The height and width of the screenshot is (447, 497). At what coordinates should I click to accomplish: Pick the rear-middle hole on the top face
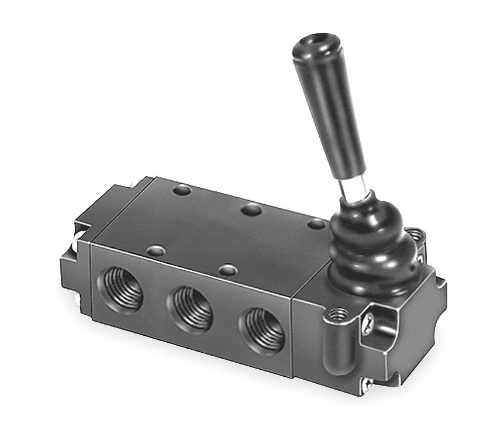(252, 208)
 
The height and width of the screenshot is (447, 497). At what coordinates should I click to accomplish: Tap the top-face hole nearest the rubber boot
(316, 223)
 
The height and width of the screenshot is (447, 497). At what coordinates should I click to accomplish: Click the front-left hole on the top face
(156, 251)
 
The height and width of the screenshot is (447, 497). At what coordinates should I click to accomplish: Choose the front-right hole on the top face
(227, 270)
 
